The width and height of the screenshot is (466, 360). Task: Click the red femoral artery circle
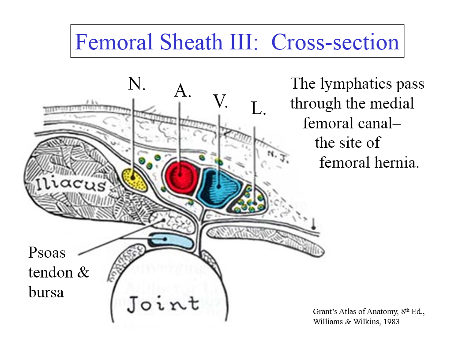pos(181,178)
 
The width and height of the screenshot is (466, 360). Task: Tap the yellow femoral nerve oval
pos(134,178)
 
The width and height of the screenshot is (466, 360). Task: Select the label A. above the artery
pos(183,90)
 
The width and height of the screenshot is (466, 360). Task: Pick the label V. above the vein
pos(220,101)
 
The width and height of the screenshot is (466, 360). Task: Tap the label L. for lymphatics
pos(259,108)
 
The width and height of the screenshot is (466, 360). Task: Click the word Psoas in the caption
pos(47,253)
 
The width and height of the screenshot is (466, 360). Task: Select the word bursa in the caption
pos(46,292)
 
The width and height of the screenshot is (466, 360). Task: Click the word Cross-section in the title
pos(335,42)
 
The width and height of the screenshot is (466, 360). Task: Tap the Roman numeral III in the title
pos(244,42)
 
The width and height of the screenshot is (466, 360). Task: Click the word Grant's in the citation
pos(324,312)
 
